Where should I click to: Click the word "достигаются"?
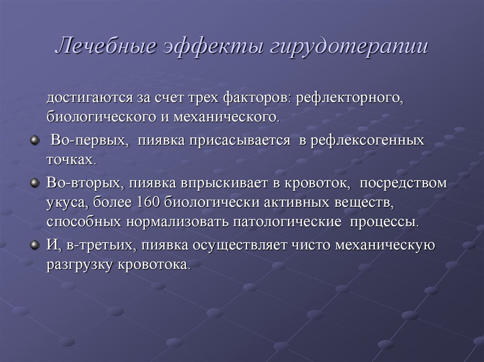(x=90, y=98)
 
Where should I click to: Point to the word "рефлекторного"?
(x=349, y=98)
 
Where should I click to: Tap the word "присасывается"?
(x=240, y=141)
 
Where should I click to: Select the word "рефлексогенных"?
(x=367, y=141)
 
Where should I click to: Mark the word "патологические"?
(x=287, y=222)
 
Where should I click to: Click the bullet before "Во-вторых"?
(x=35, y=183)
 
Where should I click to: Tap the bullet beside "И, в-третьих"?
(x=35, y=245)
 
